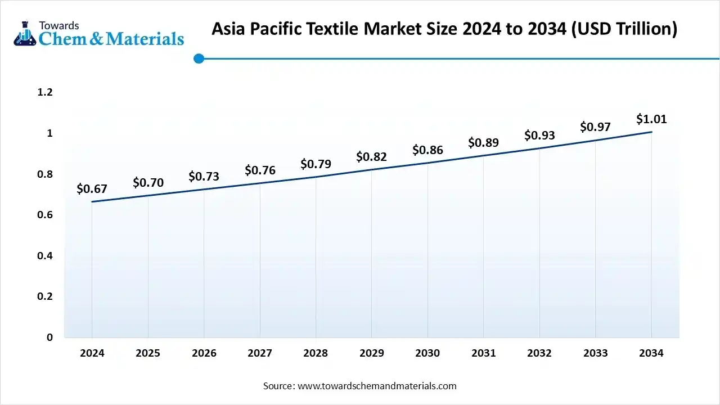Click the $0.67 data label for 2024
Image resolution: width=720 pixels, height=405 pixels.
pos(92,189)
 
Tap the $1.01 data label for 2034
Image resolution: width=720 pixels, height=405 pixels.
pos(651,119)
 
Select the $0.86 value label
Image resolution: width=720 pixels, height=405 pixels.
pos(427,150)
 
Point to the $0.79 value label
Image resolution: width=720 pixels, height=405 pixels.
pos(316,164)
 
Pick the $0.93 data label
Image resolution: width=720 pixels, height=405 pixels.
pos(539,136)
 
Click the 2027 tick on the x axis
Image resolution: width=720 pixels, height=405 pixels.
pos(260,353)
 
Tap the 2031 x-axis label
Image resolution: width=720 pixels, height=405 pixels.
pos(483,353)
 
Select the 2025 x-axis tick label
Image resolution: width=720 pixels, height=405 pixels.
pos(148,353)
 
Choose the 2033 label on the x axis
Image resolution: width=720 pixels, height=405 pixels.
pos(595,353)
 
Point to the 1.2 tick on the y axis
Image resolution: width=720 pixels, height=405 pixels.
pos(45,92)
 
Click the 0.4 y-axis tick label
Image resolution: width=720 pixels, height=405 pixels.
pos(45,256)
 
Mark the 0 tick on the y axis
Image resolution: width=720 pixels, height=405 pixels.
pos(49,337)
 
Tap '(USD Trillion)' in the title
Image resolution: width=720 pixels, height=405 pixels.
pos(624,29)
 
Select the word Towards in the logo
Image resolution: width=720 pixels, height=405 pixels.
pos(58,25)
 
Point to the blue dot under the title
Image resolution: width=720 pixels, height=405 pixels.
pos(199,58)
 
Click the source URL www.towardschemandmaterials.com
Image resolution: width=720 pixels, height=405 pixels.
pos(376,386)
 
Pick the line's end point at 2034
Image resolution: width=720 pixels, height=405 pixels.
pos(651,132)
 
